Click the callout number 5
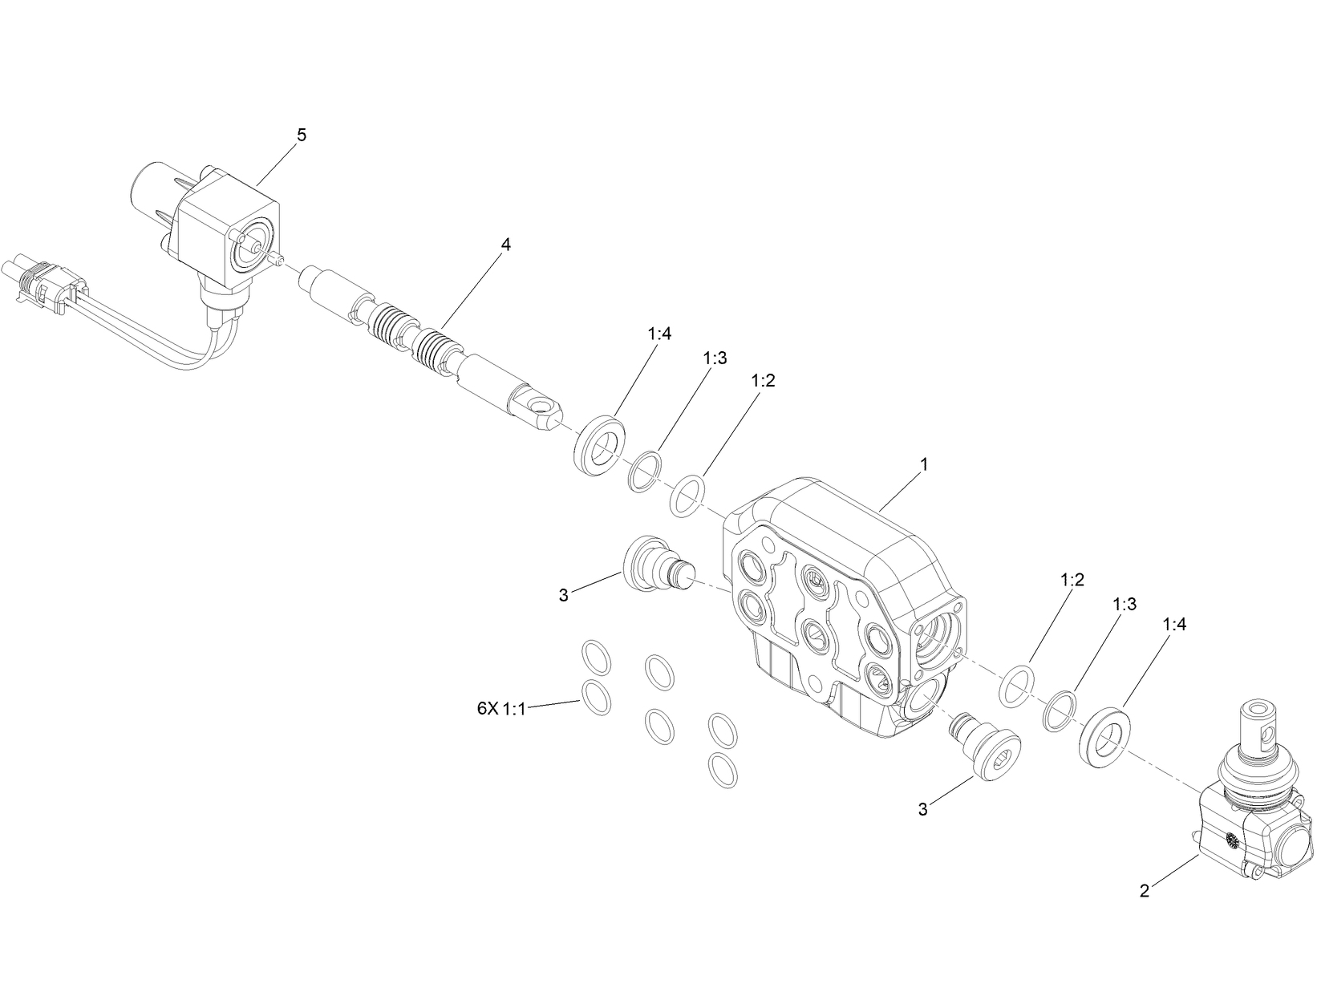[x=302, y=136]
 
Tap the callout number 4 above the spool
[x=505, y=245]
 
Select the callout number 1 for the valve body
[x=924, y=464]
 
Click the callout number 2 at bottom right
[x=1145, y=890]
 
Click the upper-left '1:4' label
[x=658, y=334]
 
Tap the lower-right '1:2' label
[x=1072, y=581]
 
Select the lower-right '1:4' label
[x=1173, y=625]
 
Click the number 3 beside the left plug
[x=564, y=595]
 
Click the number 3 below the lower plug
[x=923, y=810]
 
